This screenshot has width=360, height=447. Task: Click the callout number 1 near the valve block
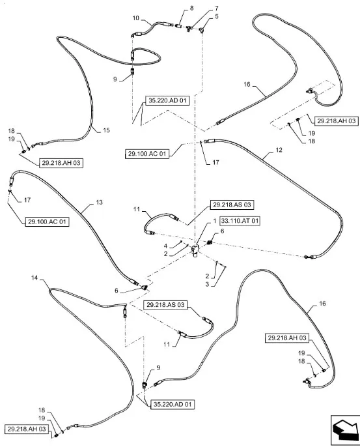215,221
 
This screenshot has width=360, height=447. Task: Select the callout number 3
207,284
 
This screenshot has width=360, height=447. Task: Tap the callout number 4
165,246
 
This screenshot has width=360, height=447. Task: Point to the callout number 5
217,16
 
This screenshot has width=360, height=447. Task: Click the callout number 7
217,8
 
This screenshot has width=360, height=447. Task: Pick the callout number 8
191,8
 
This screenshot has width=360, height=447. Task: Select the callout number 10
136,18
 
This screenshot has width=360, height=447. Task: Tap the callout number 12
279,150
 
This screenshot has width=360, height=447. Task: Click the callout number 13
99,202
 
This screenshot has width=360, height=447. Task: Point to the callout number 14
35,278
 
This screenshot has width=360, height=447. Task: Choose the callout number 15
106,130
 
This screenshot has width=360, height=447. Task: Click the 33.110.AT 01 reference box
240,221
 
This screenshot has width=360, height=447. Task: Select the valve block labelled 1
195,250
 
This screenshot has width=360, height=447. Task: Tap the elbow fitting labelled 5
202,29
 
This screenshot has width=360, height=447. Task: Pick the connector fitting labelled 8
178,26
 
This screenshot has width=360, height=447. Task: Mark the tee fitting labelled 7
189,28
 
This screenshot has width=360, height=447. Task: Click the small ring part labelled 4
181,242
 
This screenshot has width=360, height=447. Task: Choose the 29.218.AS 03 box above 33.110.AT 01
232,205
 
